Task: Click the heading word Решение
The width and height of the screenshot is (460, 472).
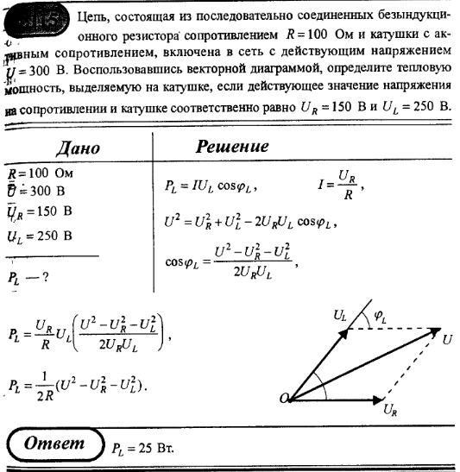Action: tap(232, 147)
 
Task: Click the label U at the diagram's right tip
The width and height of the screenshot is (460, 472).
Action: tap(447, 338)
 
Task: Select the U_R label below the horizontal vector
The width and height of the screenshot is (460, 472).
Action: tap(390, 414)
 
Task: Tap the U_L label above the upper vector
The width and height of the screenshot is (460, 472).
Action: tap(340, 317)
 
